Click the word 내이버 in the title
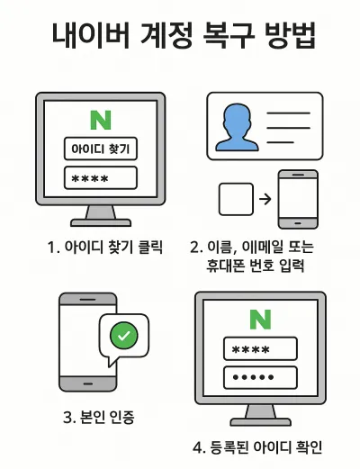91,35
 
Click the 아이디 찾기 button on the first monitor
101,149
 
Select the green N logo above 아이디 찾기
101,120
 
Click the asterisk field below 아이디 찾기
101,178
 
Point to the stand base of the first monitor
101,222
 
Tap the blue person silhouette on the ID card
237,127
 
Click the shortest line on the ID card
280,142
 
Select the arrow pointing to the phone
265,199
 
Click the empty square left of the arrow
236,199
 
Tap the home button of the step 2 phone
298,223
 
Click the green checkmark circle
124,336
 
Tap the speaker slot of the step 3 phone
87,300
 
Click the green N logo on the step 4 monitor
260,320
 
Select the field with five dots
260,377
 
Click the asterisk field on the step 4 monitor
260,348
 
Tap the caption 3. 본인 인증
99,418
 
